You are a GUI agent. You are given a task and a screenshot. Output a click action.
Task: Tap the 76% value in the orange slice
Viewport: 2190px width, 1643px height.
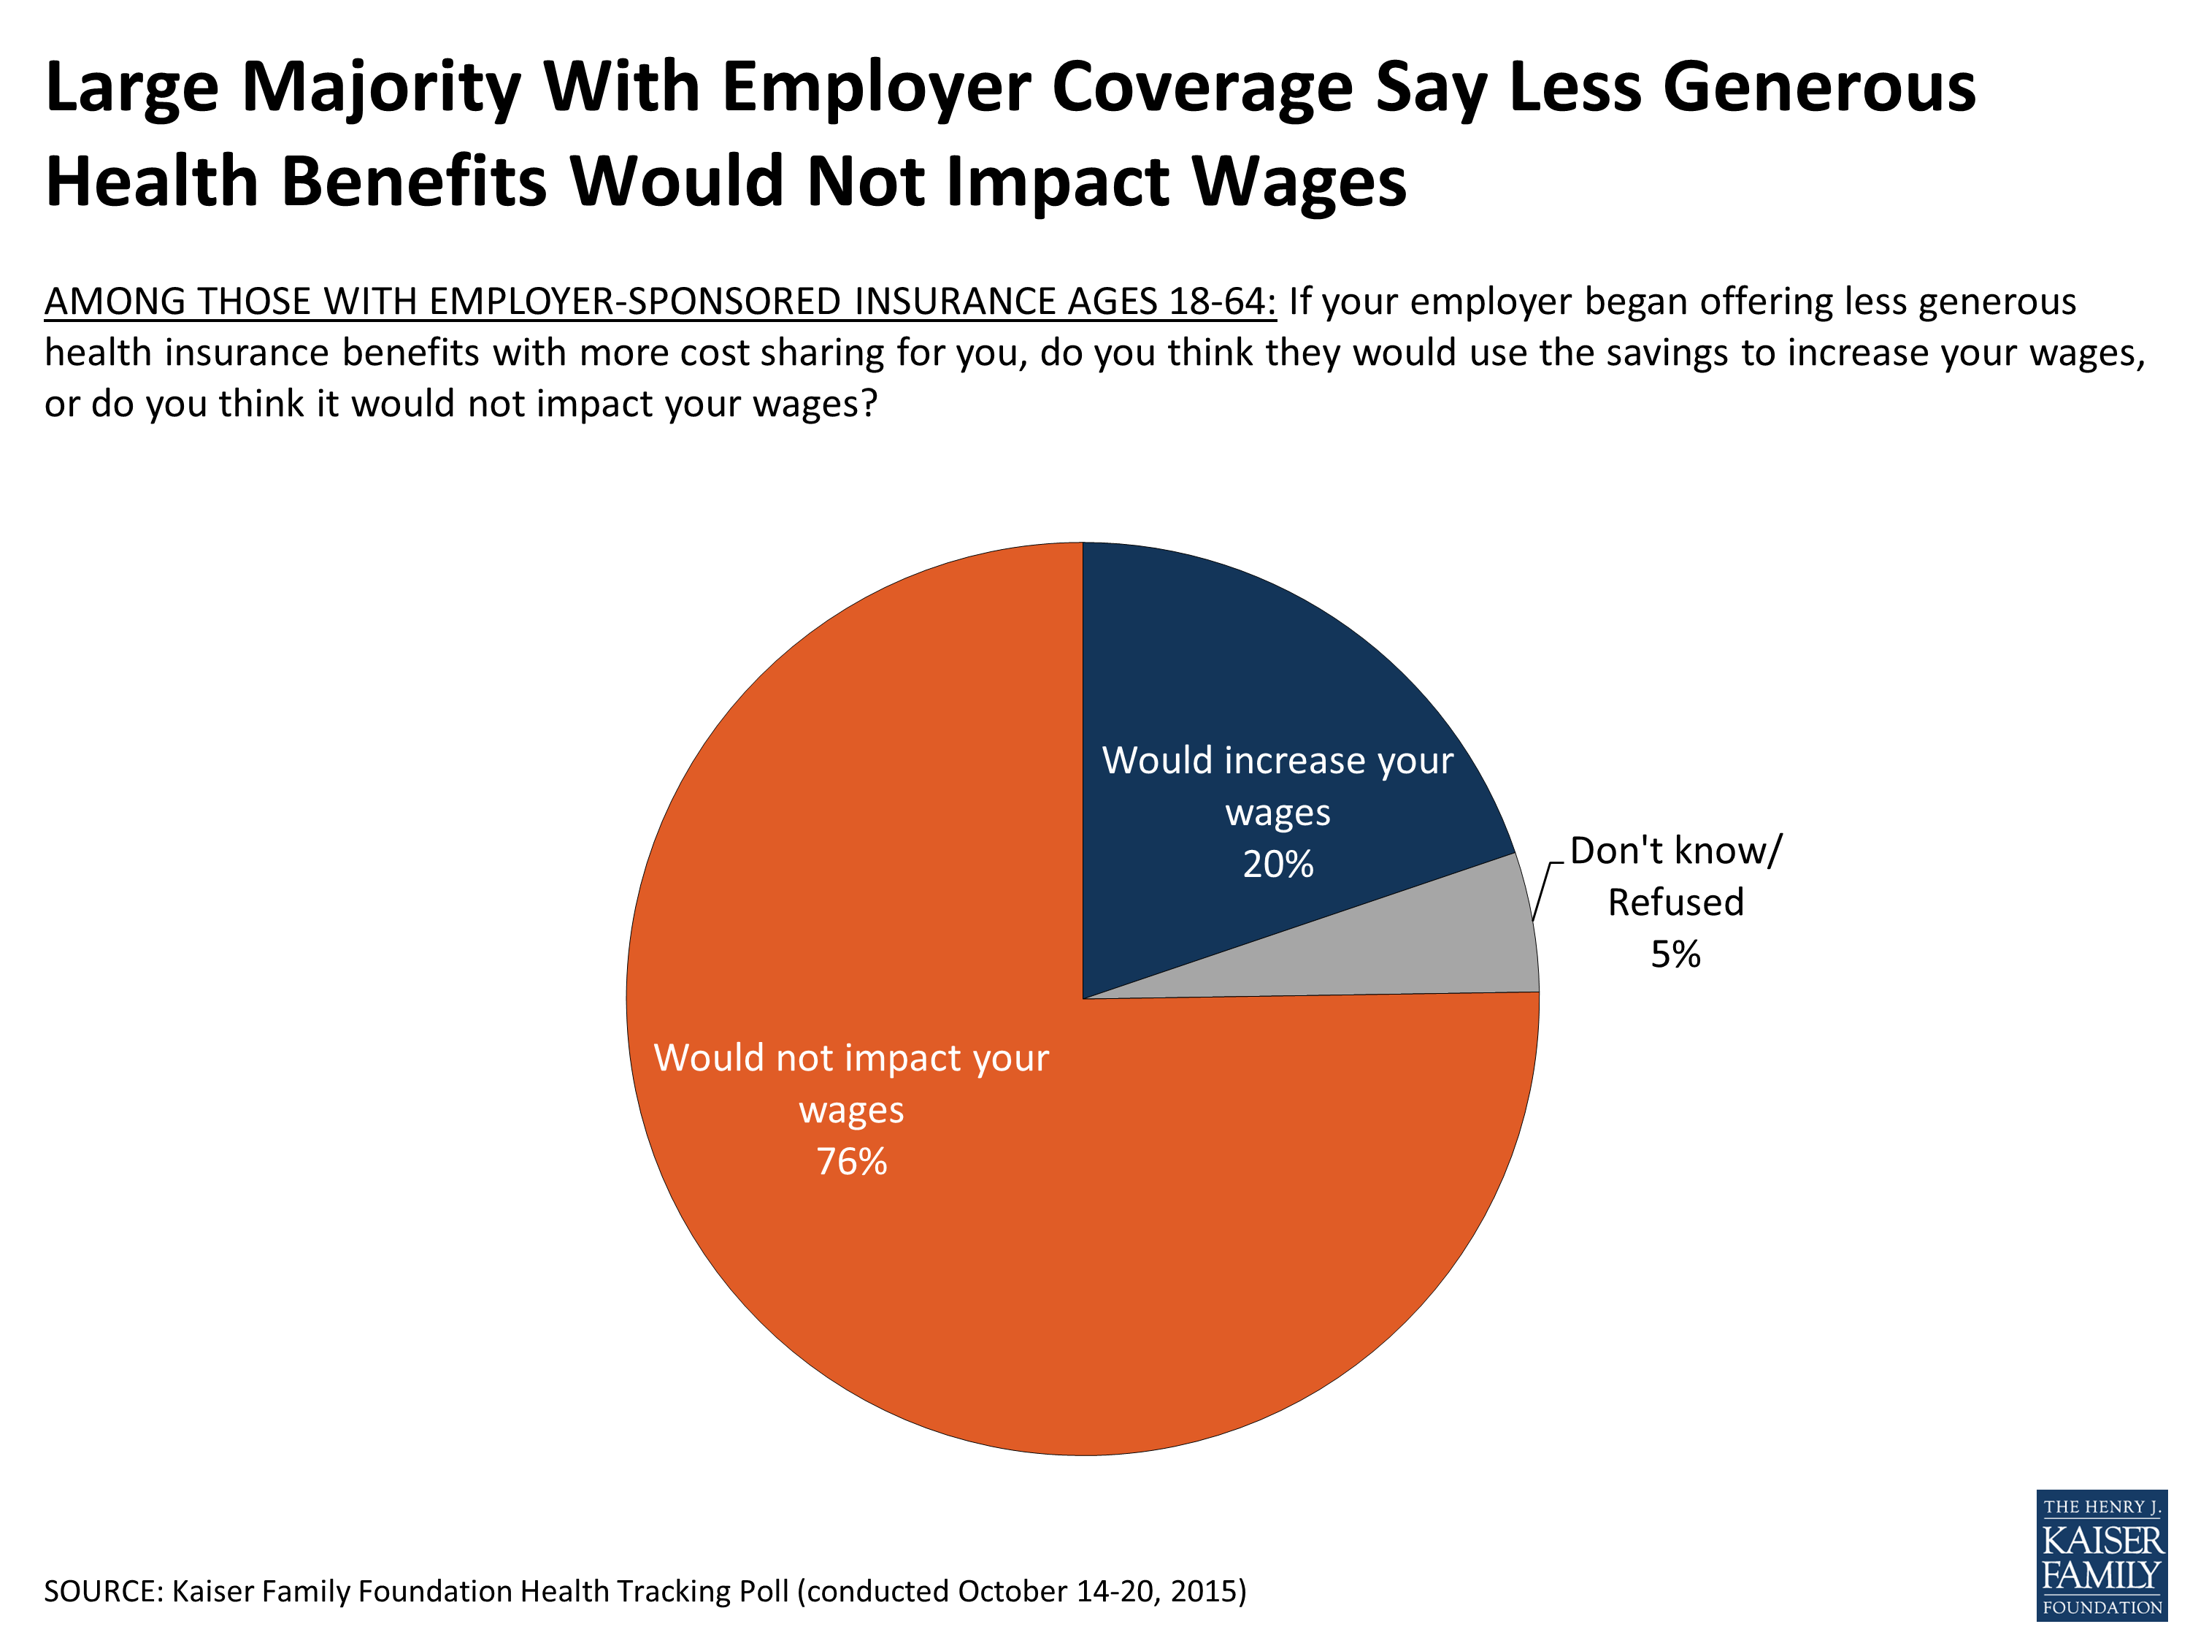[851, 1162]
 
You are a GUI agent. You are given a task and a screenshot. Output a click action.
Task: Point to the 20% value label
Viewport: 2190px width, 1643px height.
[1278, 865]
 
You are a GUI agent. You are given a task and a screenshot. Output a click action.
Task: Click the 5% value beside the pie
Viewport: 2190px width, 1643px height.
[1675, 954]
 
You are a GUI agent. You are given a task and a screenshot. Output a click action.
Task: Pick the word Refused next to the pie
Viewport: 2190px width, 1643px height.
[1675, 903]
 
